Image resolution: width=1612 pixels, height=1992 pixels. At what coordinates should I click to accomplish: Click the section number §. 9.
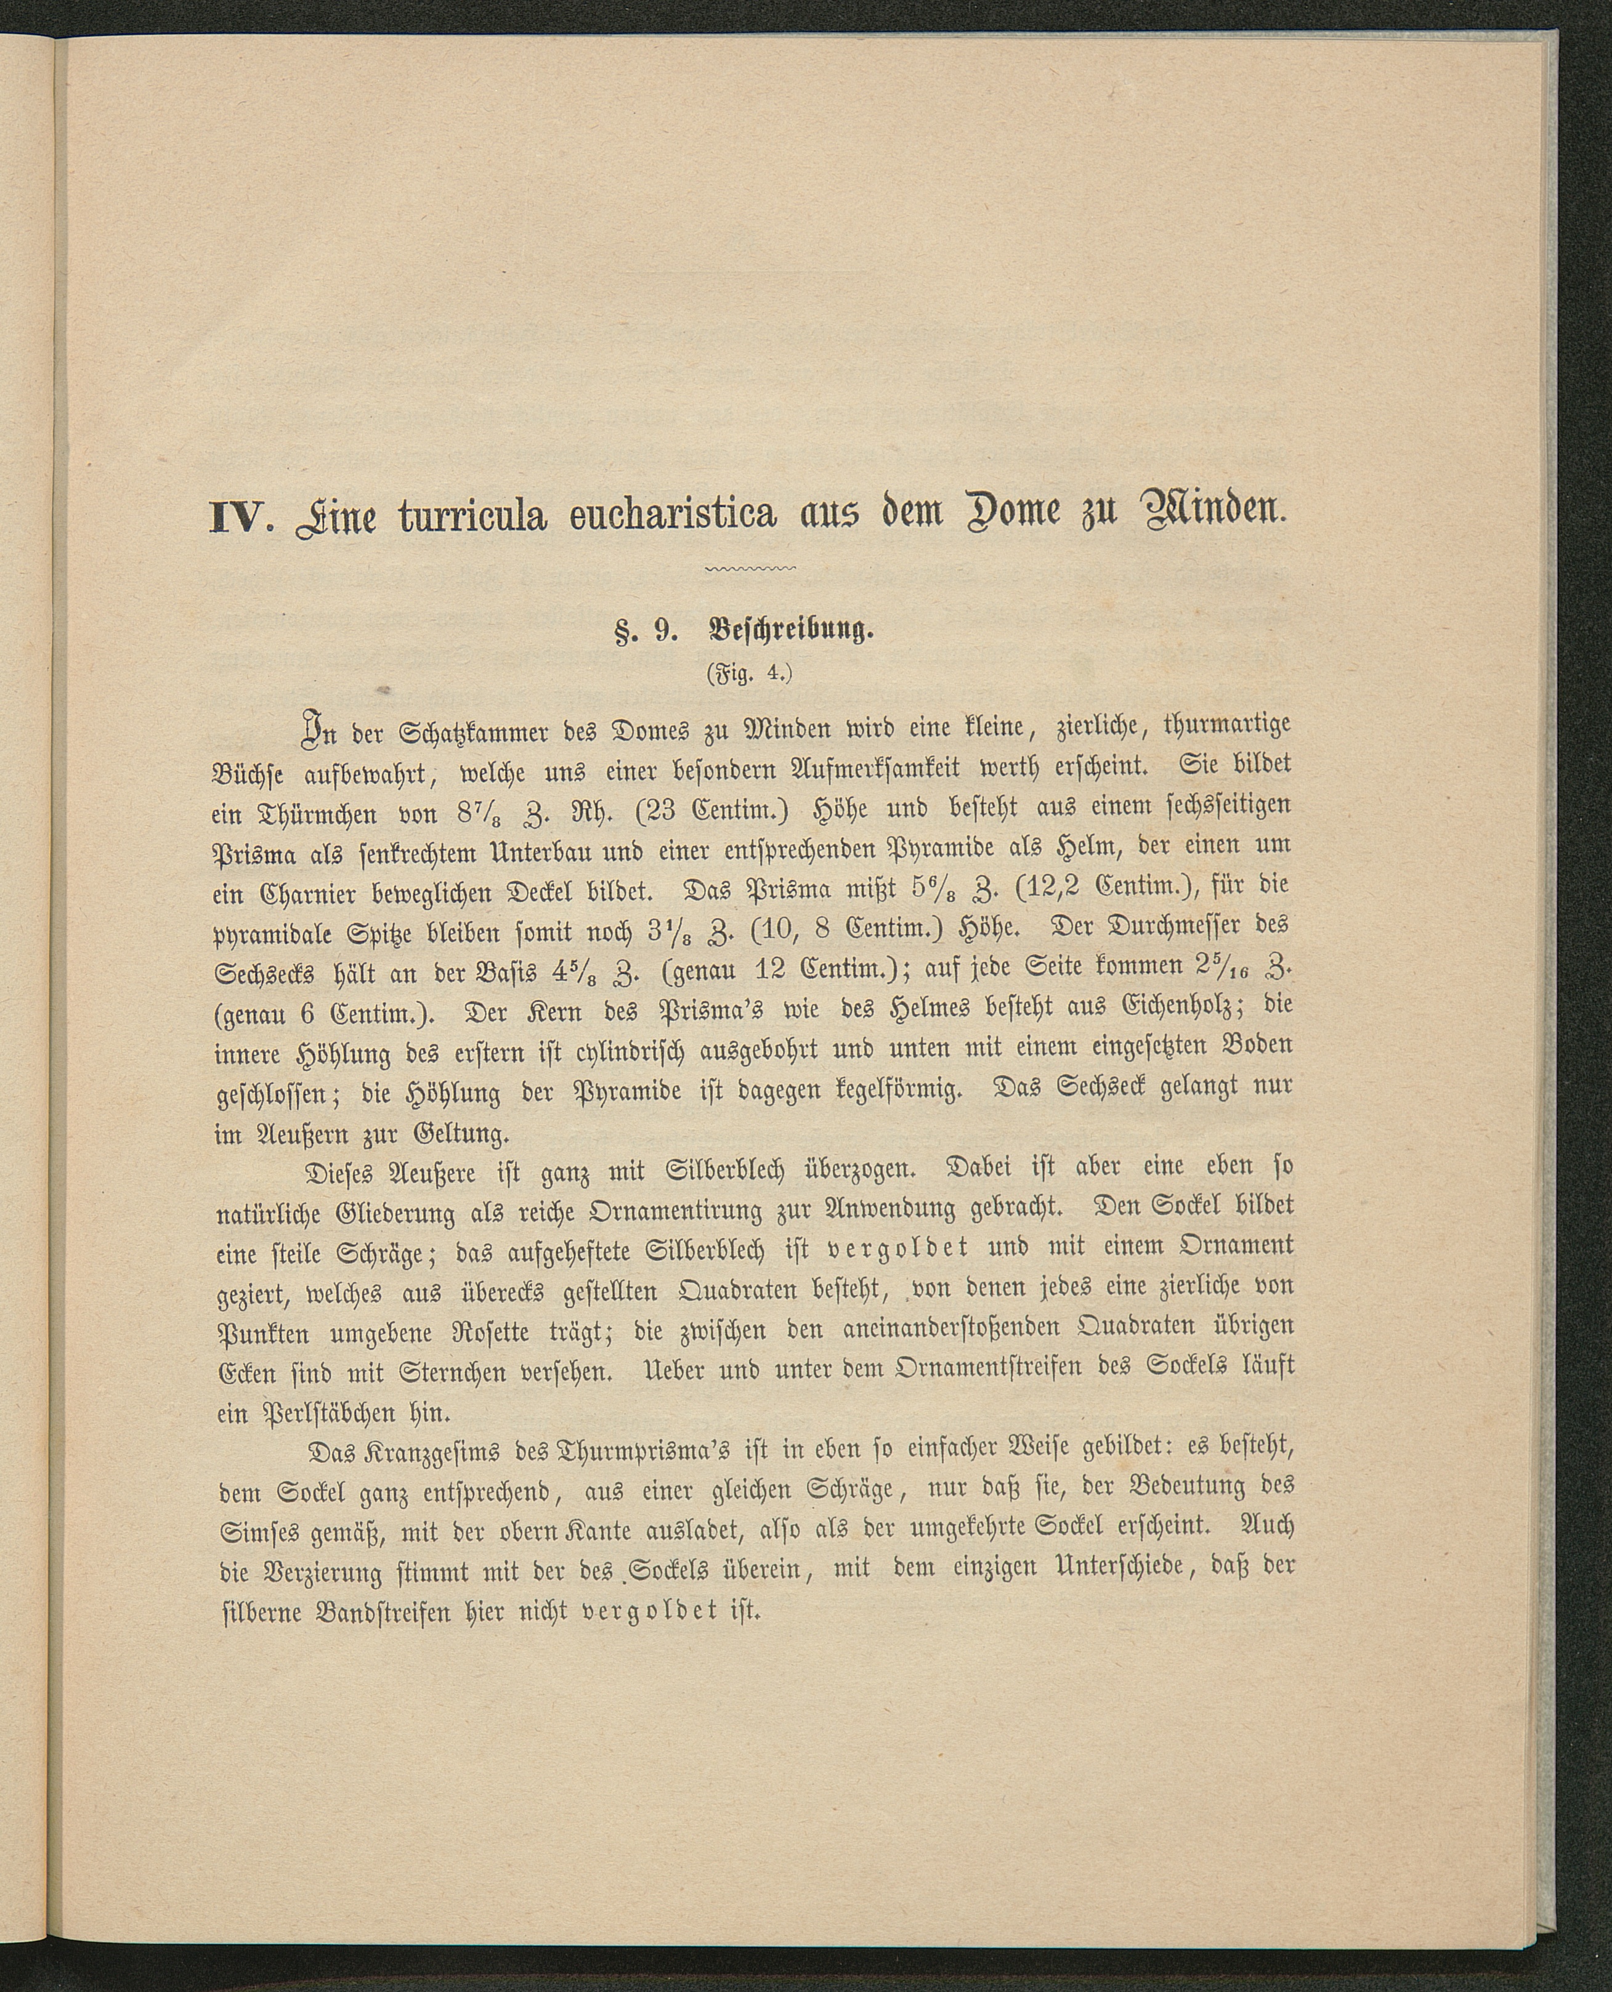pyautogui.click(x=644, y=633)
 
